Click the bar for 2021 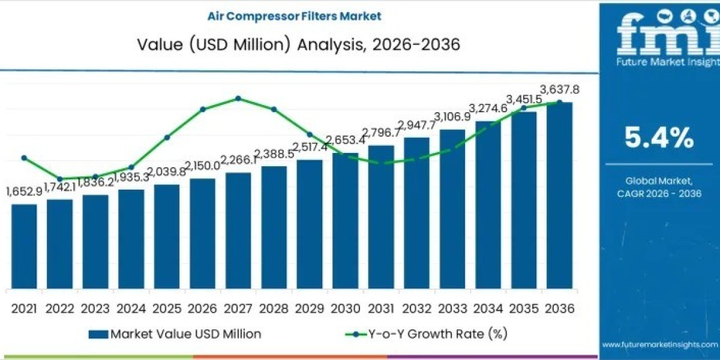[x=24, y=246]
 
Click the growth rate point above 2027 [x=238, y=98]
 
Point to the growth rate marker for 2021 [x=24, y=158]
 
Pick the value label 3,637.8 [x=560, y=90]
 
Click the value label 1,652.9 [x=24, y=191]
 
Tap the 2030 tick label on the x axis [x=346, y=308]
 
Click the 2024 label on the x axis [x=131, y=308]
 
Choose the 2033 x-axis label [x=452, y=308]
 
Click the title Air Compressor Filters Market [x=294, y=16]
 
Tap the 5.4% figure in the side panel [x=659, y=139]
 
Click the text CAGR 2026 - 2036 [x=659, y=193]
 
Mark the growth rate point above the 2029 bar [x=310, y=134]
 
